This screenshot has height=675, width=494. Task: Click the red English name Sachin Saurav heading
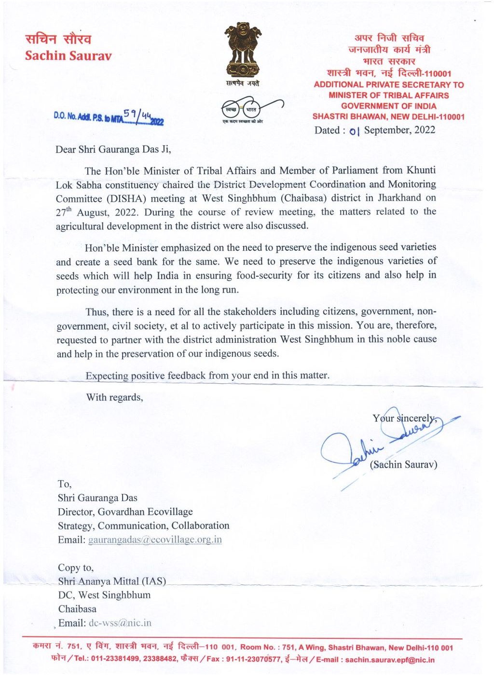coord(68,56)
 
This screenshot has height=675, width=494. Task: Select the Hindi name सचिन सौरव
coord(58,39)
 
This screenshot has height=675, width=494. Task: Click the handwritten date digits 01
coord(355,131)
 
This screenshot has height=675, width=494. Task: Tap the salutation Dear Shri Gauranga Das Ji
coord(113,149)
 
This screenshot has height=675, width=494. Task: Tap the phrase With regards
coord(114,397)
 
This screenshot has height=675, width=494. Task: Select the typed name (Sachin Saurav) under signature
coord(403,465)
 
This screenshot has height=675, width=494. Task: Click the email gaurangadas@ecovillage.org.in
coord(155,540)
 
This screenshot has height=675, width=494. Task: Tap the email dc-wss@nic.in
coord(120,623)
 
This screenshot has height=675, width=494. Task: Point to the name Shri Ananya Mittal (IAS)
coord(112,581)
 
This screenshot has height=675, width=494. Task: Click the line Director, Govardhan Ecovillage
coord(125,512)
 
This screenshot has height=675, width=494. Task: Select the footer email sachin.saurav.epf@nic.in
coord(390,660)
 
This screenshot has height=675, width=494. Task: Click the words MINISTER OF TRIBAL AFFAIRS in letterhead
coord(388,95)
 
